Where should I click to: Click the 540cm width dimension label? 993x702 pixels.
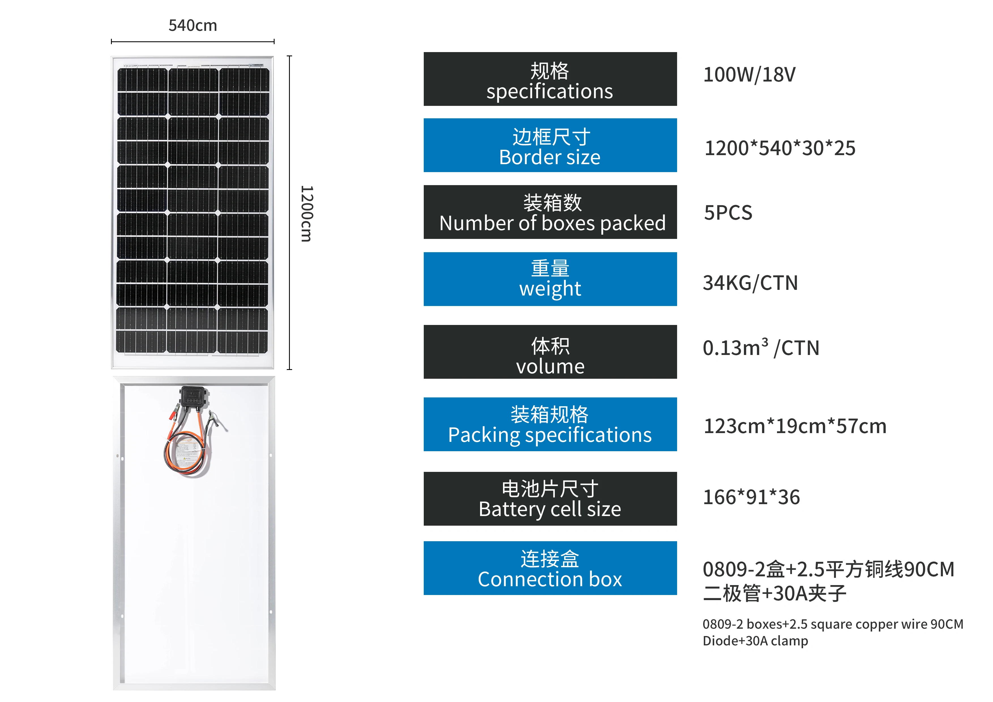click(192, 25)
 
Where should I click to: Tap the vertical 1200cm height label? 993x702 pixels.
click(306, 214)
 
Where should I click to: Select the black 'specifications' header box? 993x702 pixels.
click(550, 79)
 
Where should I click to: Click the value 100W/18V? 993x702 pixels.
click(749, 75)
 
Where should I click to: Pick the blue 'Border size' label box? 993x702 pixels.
click(550, 145)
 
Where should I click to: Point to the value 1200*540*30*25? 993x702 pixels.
click(780, 148)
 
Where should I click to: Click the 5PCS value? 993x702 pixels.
click(728, 213)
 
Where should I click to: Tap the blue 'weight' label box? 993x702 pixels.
click(550, 279)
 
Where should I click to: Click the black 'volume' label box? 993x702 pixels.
click(550, 352)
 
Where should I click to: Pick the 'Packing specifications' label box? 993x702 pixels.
click(550, 424)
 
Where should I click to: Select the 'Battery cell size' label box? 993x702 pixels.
click(550, 499)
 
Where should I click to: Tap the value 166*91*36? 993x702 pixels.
click(751, 497)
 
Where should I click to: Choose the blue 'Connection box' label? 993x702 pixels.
click(550, 568)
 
